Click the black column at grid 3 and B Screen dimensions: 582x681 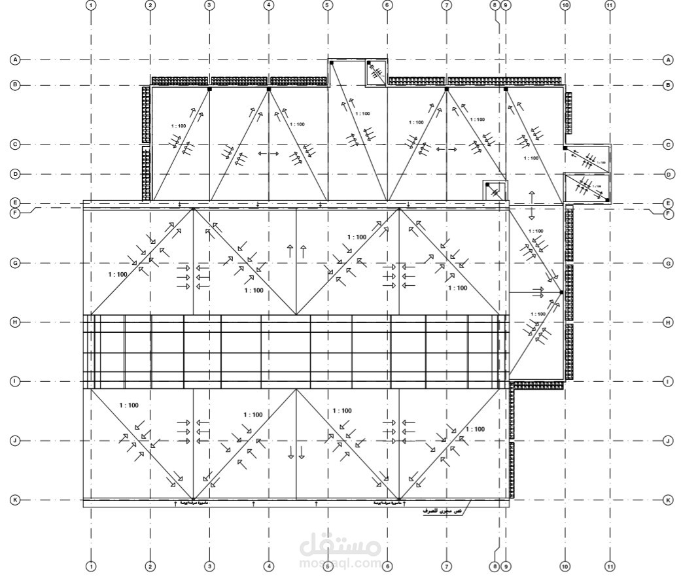209,88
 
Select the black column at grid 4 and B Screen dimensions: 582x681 269,88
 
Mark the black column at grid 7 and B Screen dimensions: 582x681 446,88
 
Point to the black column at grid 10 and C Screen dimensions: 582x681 565,149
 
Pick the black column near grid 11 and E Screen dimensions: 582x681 607,199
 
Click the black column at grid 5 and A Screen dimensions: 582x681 332,63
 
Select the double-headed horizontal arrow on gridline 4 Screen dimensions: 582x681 269,154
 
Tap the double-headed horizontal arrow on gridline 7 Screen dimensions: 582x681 446,150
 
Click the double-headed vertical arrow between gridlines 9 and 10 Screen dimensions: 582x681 531,205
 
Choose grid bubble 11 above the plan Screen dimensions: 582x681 610,5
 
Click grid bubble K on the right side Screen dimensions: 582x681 668,500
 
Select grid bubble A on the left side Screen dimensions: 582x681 14,60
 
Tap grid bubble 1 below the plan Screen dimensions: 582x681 91,566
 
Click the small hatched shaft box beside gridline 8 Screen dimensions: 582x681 494,190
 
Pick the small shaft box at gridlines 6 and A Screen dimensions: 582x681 376,72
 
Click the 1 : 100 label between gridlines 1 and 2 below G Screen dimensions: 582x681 118,275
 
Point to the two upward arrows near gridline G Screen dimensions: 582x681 296,250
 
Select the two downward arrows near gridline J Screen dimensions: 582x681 296,452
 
